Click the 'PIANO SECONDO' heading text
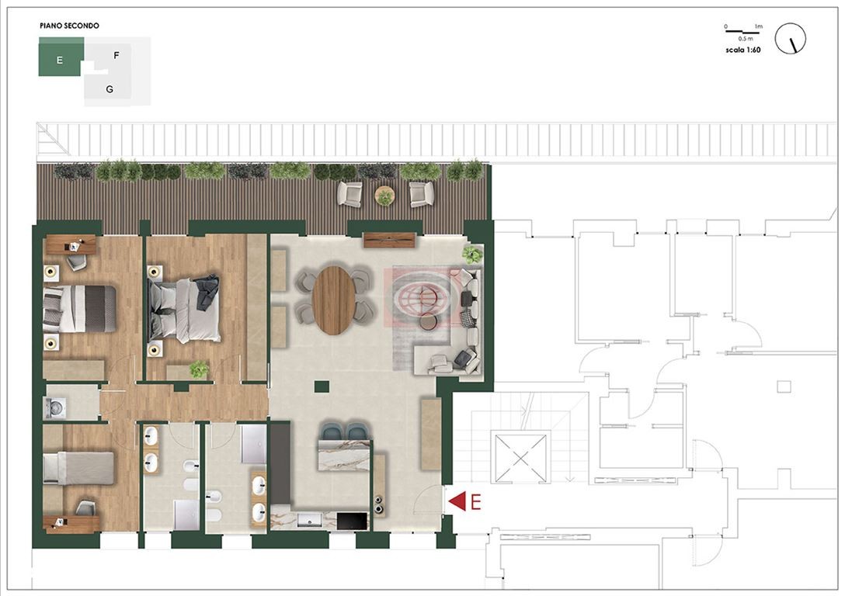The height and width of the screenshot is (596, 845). pos(70,26)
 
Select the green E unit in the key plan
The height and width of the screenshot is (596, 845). pos(61,57)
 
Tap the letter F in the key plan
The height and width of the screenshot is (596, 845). pos(116,55)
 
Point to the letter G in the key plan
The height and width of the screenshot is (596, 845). pos(110,89)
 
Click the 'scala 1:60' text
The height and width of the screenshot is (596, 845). pos(743,50)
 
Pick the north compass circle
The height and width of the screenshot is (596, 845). pos(790,39)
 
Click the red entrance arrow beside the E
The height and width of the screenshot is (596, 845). pos(457,501)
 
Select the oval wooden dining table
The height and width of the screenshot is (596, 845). pos(334,300)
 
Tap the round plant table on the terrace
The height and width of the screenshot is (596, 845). pos(384,195)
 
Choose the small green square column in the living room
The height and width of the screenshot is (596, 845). pos(322,386)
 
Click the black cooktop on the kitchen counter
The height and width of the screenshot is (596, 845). pos(352,521)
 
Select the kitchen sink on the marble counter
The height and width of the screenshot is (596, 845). pos(309,520)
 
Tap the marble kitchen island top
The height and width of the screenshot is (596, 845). pos(344,456)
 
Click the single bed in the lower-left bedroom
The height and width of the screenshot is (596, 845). pos(78,468)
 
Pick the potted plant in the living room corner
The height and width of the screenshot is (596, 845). pos(472,254)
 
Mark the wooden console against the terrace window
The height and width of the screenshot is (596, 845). pos(389,240)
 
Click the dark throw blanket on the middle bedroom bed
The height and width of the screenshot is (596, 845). pos(207,292)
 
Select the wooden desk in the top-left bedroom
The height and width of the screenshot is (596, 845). pos(71,245)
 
